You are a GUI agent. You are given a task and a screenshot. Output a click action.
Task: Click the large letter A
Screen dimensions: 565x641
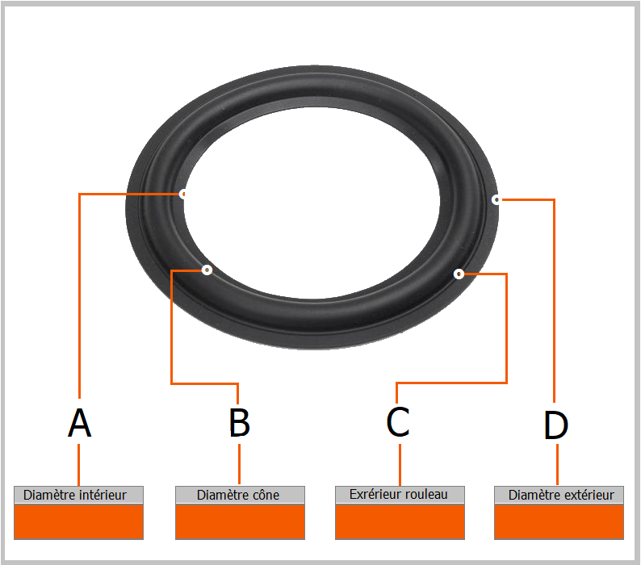coord(79,423)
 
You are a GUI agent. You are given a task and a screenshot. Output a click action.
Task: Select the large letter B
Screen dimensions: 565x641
coord(239,423)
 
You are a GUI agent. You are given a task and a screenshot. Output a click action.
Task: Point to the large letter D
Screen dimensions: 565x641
coord(556,425)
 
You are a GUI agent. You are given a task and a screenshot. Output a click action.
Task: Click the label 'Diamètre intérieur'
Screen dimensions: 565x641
coord(78,495)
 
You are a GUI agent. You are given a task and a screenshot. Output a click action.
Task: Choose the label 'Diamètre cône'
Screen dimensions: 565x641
coord(239,495)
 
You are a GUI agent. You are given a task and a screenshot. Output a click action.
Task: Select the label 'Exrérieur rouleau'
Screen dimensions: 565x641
coord(399,494)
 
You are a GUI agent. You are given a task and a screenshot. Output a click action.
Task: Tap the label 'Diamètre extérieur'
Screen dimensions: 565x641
coord(559,495)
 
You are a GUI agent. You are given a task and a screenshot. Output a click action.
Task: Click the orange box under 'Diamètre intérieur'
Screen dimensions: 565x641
coord(78,521)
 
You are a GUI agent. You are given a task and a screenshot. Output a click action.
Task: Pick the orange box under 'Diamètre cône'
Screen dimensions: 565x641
coord(240,521)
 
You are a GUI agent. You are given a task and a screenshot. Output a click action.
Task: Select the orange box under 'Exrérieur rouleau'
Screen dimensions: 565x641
coord(400,521)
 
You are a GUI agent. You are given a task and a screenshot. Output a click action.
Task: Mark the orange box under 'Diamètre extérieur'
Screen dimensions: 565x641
coord(559,521)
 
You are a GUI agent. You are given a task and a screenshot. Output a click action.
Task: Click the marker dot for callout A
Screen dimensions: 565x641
coord(184,194)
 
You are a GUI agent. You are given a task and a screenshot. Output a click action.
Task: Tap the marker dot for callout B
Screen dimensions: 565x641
coord(207,270)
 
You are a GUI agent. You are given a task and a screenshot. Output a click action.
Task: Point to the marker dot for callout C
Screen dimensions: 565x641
coord(459,274)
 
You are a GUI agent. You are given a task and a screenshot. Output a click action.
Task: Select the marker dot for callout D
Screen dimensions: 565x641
coord(496,199)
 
